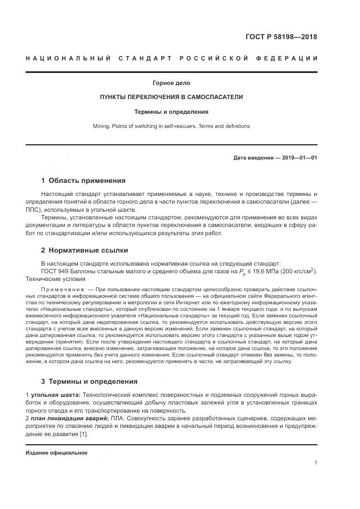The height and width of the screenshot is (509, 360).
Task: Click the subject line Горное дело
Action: click(x=171, y=83)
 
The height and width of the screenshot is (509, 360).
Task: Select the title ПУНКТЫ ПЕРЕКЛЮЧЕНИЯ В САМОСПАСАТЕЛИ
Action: click(x=171, y=97)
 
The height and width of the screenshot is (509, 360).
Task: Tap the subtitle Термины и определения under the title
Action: click(x=171, y=112)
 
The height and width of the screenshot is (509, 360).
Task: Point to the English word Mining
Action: click(x=101, y=126)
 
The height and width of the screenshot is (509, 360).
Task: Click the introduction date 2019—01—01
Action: click(x=299, y=158)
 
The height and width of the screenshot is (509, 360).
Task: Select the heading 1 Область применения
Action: click(x=83, y=181)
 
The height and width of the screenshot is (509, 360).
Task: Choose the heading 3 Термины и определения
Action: click(x=89, y=381)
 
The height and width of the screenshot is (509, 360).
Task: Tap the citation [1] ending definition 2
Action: click(x=83, y=434)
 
